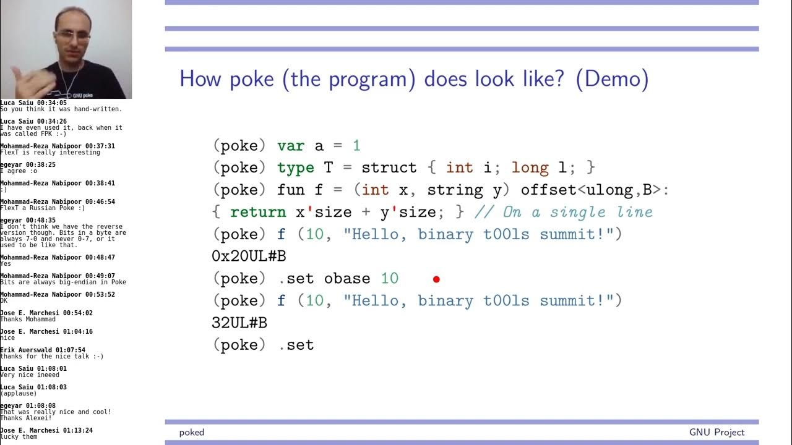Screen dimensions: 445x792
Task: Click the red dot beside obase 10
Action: (436, 279)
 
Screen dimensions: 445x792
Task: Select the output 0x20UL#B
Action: (249, 256)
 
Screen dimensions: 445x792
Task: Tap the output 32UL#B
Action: (239, 323)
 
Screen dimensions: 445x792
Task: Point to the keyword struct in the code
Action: (389, 167)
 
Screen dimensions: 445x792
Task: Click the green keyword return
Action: (258, 212)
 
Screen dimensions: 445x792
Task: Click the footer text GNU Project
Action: (717, 432)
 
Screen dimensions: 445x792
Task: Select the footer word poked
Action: (192, 432)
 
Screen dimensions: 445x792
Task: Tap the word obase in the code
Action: (346, 278)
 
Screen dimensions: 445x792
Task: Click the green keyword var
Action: (291, 146)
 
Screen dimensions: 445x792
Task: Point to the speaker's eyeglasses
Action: (72, 35)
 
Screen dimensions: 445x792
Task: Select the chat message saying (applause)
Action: (19, 394)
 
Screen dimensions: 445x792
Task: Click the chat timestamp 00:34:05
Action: (51, 103)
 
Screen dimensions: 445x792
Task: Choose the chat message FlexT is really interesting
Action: (50, 153)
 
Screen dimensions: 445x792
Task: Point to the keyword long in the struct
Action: (530, 167)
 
